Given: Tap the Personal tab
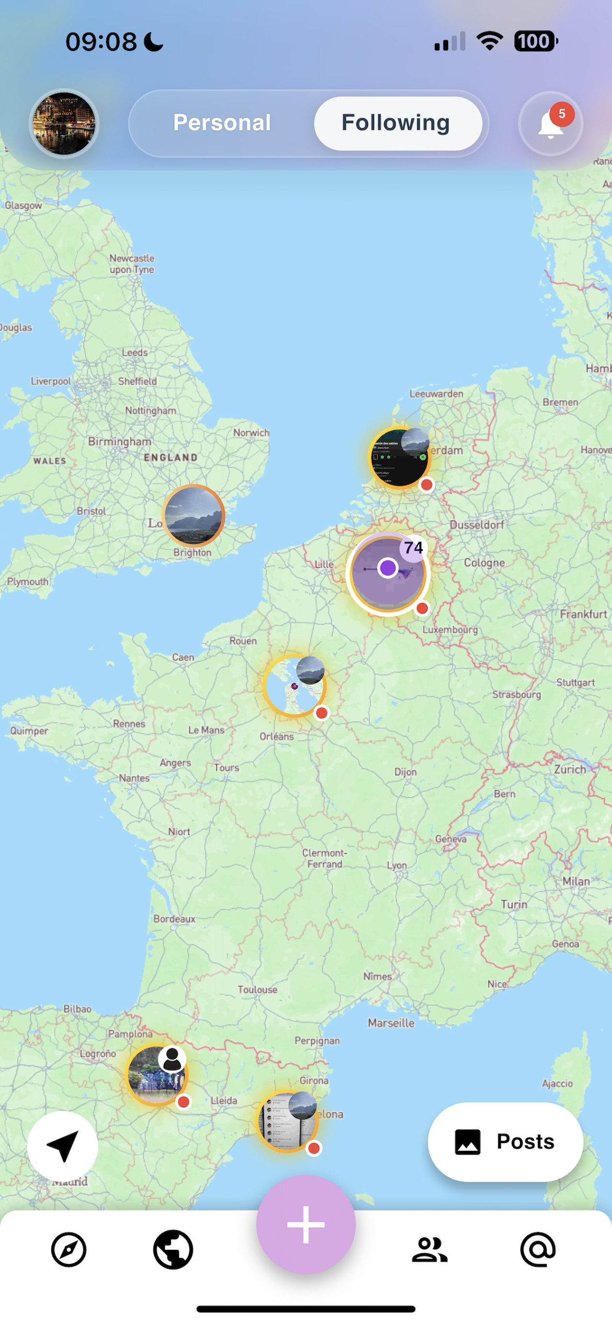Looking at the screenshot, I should point(222,123).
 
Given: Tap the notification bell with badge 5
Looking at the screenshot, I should point(551,124).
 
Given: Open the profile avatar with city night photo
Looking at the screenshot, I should point(64,123).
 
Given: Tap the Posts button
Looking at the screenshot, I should point(505,1142).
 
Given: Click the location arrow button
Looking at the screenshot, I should point(63,1147).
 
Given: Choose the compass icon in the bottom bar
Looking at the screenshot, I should point(69,1249).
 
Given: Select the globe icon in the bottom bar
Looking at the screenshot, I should point(173,1249).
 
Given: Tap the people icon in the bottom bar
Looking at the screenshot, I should point(429,1249).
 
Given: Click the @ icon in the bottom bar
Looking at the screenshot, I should point(538,1249).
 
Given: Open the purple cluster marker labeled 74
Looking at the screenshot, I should point(388,573).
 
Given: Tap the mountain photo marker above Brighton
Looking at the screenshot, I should point(193,515).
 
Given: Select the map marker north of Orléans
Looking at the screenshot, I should point(295,686).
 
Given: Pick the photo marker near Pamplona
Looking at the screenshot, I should point(157,1075).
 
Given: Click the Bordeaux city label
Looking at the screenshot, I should point(174,919).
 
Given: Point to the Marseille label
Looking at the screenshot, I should point(391,1023).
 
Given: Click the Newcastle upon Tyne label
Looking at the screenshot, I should point(132,264).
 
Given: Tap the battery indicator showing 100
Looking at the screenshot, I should point(535,42).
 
